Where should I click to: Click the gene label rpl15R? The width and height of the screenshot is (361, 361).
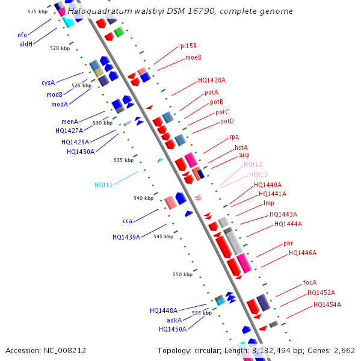coord(187,46)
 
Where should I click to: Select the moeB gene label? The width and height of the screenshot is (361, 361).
coord(193,57)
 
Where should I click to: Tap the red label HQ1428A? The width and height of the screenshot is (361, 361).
coord(212,80)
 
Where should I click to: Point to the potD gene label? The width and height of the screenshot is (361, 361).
coord(227,121)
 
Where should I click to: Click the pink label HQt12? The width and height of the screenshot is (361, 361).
coord(253,164)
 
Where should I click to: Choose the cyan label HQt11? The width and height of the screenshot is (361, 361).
coord(103,185)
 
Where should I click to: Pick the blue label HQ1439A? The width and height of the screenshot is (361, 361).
coord(126,237)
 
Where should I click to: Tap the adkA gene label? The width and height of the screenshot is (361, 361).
coord(174,320)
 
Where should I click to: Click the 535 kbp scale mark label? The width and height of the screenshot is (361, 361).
coord(123,160)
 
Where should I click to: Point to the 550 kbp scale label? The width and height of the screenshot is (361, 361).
coord(182,274)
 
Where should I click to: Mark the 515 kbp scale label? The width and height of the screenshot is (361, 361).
coord(37,11)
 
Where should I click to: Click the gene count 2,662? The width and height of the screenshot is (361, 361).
coord(342,350)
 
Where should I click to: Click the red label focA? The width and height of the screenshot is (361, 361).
coord(310,282)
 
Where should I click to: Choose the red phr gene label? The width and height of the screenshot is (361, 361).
coord(288,244)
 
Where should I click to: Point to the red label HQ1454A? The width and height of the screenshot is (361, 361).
coord(327,304)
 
